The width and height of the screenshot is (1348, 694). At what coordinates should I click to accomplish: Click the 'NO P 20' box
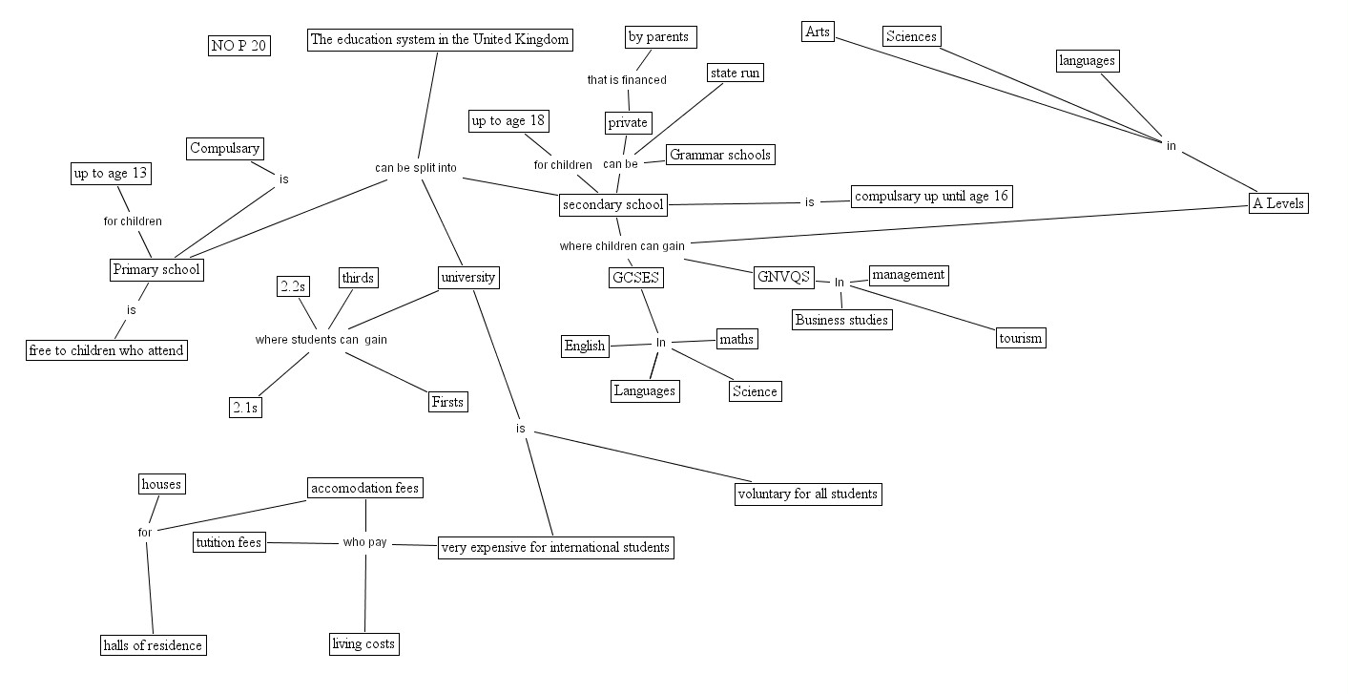point(238,46)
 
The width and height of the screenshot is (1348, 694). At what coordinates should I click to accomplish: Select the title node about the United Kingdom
point(441,39)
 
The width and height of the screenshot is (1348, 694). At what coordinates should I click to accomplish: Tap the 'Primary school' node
point(156,269)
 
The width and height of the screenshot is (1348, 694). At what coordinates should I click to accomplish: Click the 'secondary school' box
point(612,203)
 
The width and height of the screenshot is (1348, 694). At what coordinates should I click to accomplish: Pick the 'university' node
point(467,278)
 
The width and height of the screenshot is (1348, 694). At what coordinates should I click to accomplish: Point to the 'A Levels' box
point(1277,202)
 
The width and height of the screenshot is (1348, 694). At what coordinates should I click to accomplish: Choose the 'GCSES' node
point(635,278)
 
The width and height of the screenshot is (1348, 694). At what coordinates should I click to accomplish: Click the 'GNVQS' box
point(783,278)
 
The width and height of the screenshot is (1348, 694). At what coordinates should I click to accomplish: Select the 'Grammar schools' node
point(720,155)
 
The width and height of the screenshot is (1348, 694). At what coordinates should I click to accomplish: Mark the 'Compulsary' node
point(224,148)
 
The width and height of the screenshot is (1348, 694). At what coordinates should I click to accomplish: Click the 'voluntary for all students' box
point(807,494)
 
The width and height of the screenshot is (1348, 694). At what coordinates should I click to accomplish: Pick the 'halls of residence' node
point(154,645)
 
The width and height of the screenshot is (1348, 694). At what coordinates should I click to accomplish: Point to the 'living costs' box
point(363,643)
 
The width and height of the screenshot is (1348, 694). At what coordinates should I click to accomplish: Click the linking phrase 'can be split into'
point(415,168)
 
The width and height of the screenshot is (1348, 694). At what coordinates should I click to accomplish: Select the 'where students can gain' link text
point(321,339)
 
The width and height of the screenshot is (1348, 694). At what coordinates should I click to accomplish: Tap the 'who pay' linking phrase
point(364,542)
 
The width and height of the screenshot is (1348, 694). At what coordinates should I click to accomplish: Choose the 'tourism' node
point(1020,338)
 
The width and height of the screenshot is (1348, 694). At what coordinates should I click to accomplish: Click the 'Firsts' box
point(447,402)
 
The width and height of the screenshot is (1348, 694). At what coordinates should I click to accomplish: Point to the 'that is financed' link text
point(626,80)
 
